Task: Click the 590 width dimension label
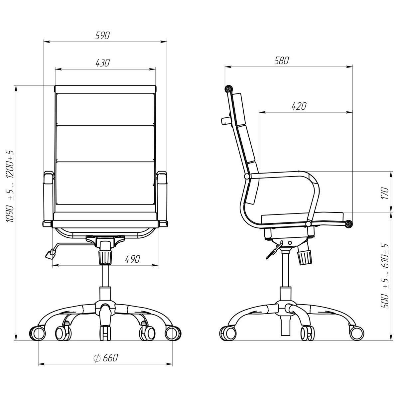point(102,36)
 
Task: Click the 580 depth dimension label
point(281,61)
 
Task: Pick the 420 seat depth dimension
point(299,106)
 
